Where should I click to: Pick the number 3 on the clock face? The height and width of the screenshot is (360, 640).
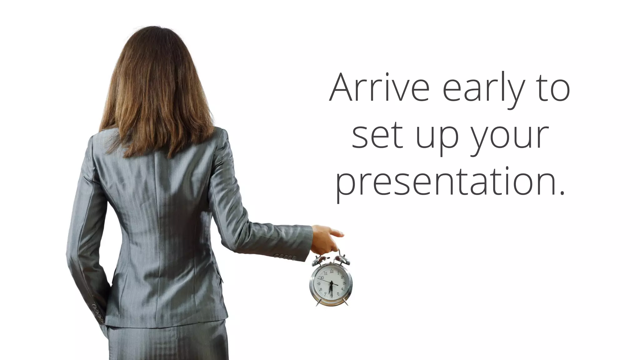(x=344, y=283)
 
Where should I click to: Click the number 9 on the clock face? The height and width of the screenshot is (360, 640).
(x=318, y=284)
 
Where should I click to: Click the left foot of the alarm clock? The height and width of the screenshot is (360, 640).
(x=318, y=303)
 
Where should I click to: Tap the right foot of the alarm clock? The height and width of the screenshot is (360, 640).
(x=346, y=302)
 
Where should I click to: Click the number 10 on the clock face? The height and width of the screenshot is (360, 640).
(x=322, y=277)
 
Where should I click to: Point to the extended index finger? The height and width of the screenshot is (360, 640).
(x=337, y=233)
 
